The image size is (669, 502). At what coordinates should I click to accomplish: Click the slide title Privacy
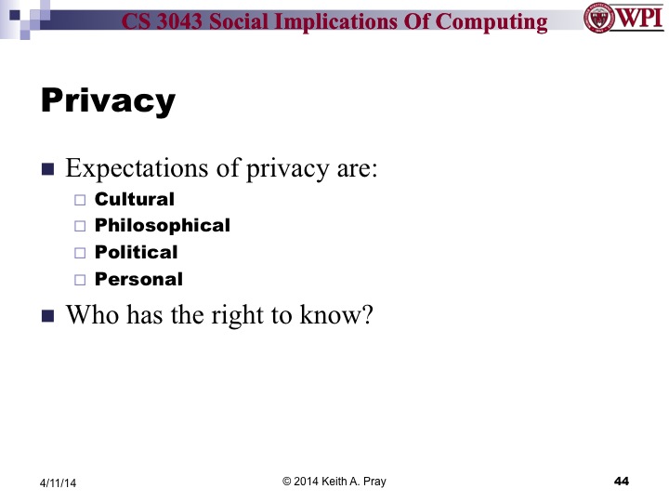tap(108, 101)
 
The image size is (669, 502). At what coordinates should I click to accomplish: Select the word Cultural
tap(135, 198)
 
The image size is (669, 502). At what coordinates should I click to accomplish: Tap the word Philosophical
tap(163, 225)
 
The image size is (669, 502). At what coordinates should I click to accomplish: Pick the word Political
tap(137, 252)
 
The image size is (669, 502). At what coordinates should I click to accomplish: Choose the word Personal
tap(139, 279)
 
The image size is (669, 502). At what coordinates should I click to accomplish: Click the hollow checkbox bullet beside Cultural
tap(79, 199)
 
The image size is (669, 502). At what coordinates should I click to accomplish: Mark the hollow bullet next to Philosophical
tap(79, 226)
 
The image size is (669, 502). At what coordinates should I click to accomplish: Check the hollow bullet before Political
tap(79, 253)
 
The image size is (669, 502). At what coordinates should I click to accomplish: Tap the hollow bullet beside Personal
tap(79, 280)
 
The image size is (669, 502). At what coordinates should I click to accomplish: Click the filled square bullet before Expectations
tap(48, 170)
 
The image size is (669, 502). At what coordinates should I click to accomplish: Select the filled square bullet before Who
tap(48, 315)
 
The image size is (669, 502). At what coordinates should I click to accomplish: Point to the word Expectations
tap(134, 170)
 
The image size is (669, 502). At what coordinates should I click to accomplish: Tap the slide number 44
tap(622, 481)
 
